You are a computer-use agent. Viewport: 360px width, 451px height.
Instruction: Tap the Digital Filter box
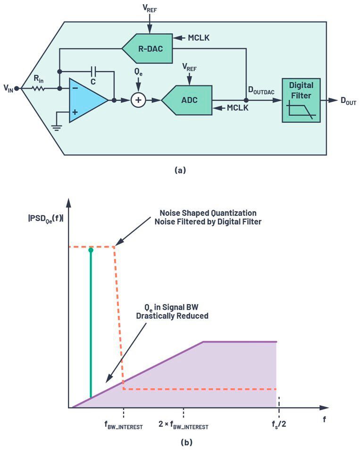pos(301,100)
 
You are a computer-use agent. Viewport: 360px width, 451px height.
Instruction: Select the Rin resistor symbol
pos(39,88)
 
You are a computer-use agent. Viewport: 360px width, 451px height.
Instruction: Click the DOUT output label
pos(348,101)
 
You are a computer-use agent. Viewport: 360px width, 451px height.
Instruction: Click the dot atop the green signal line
pos(91,250)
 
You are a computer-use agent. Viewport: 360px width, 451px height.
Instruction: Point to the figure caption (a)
pos(180,170)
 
